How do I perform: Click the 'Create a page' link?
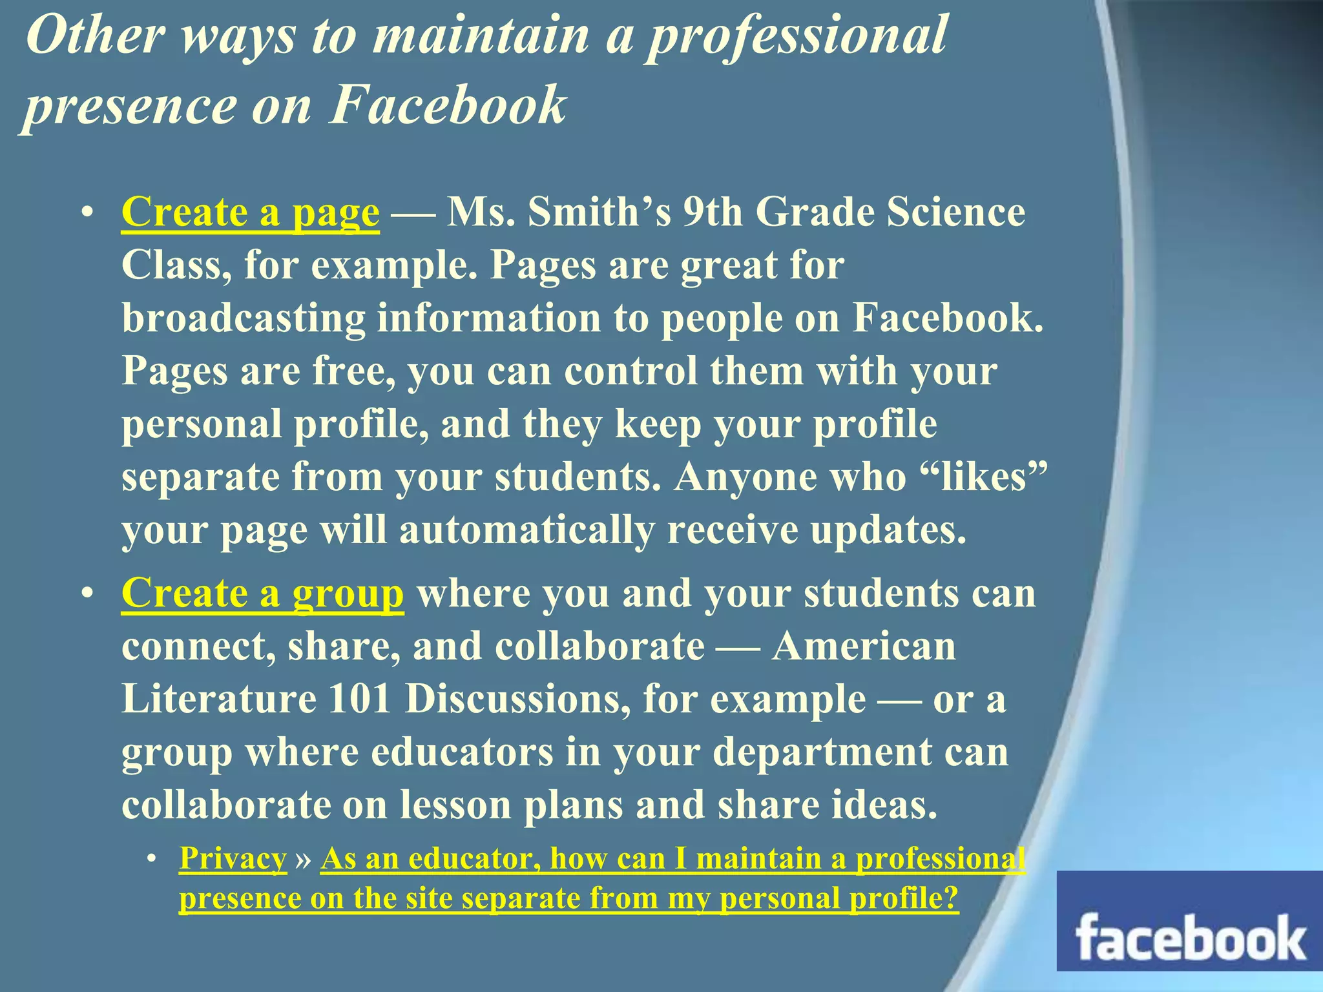coord(250,212)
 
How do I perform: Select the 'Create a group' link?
coord(262,594)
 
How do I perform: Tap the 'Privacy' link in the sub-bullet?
coord(233,859)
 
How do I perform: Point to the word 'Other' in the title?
coord(95,35)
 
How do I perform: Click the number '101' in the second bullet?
coord(359,699)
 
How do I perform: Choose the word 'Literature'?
coord(219,699)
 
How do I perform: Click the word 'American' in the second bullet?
coord(864,646)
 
